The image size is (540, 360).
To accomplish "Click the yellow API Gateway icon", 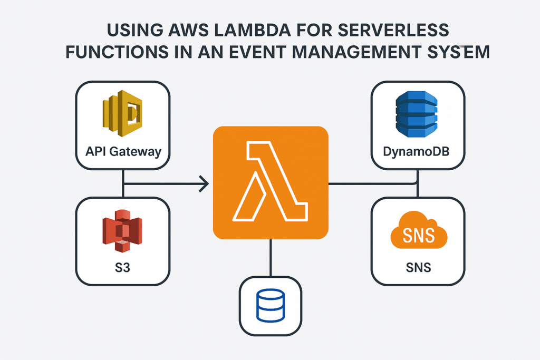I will tap(123, 114).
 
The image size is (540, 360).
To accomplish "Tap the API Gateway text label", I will tap(123, 152).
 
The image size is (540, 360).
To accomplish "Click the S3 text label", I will tap(123, 268).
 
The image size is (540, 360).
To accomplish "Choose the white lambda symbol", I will tap(270, 183).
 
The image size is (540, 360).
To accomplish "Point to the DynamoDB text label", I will tap(418, 153).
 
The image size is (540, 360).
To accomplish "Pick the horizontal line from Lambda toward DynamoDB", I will tap(369, 184).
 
